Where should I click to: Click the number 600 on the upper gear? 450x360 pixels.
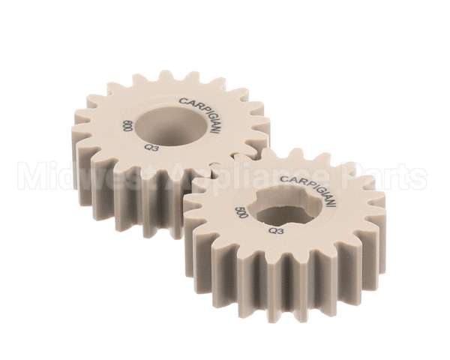127,127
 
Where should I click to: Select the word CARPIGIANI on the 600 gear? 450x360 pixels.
200,113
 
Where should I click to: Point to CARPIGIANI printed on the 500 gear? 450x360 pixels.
308,190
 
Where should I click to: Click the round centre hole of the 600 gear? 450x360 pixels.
171,121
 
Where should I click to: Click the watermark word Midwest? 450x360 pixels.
71,178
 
